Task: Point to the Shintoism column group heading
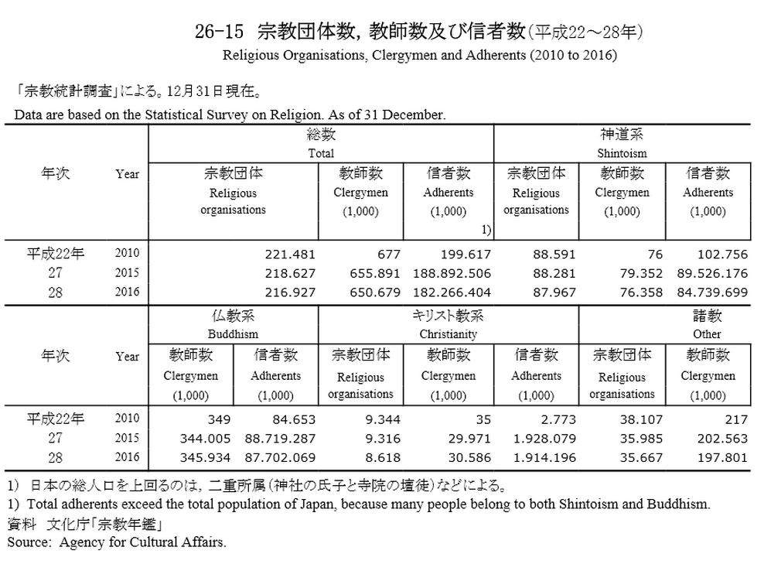[622, 153]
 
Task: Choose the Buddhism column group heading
[233, 334]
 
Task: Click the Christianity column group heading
[449, 334]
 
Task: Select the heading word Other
[707, 334]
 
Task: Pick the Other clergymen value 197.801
[724, 458]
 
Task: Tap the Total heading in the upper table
[321, 153]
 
